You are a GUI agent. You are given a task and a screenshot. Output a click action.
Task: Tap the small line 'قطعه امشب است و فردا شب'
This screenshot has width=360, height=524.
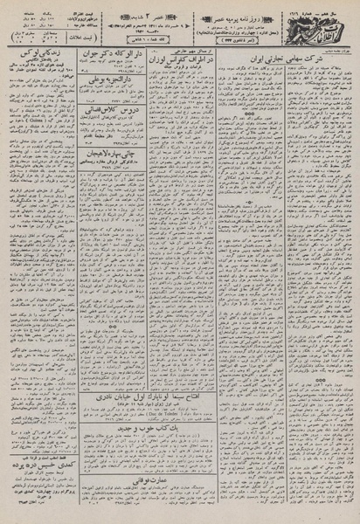point(40,476)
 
